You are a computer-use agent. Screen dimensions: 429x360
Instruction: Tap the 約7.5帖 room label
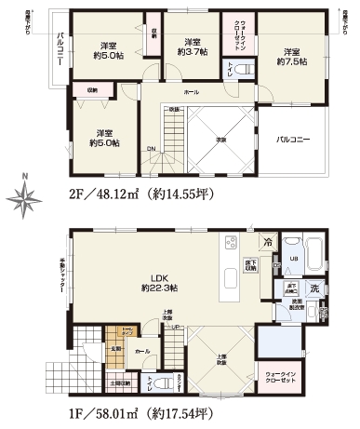tap(291, 57)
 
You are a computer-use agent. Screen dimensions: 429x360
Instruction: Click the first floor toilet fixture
tap(153, 381)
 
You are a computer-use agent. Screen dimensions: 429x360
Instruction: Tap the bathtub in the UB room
tap(313, 251)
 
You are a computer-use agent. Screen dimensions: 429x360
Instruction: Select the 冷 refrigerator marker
tap(268, 240)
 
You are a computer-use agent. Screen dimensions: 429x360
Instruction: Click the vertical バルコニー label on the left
tap(60, 47)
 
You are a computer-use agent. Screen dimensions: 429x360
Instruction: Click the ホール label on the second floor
tap(191, 93)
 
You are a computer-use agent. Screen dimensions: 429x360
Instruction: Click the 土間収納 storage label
tap(119, 382)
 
